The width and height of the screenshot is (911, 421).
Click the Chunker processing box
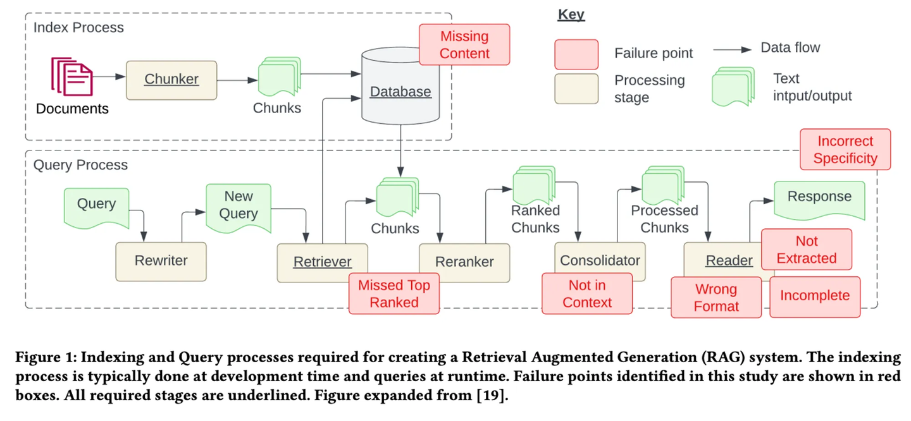coord(171,80)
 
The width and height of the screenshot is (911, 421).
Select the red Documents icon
coord(72,76)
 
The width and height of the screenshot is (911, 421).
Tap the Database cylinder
coord(400,88)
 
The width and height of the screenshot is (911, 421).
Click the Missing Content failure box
coord(464,45)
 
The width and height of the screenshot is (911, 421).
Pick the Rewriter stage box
coord(161,261)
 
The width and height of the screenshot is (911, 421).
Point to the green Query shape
coord(97,205)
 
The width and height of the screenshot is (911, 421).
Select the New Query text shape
coord(239,206)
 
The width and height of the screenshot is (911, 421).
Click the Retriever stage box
coord(322,261)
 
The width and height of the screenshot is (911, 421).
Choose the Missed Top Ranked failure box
coord(394,294)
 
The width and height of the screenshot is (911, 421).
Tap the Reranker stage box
coord(464,261)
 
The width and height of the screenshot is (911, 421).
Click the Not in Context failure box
coord(587,294)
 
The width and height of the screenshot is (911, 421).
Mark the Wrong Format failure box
coord(716,298)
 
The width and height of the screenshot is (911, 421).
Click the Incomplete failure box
coord(815,296)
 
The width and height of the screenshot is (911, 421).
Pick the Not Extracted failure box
coord(807,250)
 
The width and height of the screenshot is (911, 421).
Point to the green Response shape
coord(819,198)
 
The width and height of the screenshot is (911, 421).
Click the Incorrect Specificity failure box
coord(845,150)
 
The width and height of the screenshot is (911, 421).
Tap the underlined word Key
coord(571,15)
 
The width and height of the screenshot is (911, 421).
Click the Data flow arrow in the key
coord(733,48)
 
